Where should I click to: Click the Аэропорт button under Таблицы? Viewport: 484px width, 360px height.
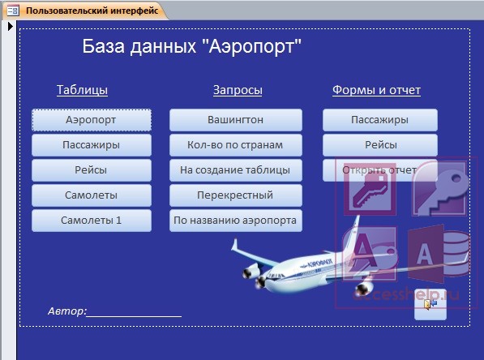coord(92,120)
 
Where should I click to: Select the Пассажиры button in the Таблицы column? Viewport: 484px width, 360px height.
coord(92,145)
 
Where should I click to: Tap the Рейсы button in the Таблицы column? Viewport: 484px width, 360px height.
coord(92,170)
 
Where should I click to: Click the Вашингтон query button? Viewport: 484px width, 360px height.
coord(236,120)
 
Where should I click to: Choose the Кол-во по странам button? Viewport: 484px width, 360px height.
coord(236,145)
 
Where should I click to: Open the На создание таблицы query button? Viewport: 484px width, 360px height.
coord(236,170)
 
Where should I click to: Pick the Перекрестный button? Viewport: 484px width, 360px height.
coord(236,195)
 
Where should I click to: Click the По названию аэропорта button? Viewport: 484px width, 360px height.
coord(236,221)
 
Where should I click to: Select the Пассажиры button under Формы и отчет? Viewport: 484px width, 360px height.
coord(380,120)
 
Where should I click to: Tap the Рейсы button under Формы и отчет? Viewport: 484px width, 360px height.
coord(380,145)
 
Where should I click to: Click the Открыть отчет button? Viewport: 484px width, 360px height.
coord(380,170)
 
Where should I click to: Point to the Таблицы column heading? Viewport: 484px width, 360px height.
coord(82,90)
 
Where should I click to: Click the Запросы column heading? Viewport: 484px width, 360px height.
coord(238,90)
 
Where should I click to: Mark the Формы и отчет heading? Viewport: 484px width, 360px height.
coord(376,90)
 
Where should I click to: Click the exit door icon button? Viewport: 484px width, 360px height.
coord(430,304)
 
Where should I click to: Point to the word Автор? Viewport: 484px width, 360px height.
coord(67,311)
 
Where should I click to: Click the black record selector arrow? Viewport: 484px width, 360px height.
coord(11,27)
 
